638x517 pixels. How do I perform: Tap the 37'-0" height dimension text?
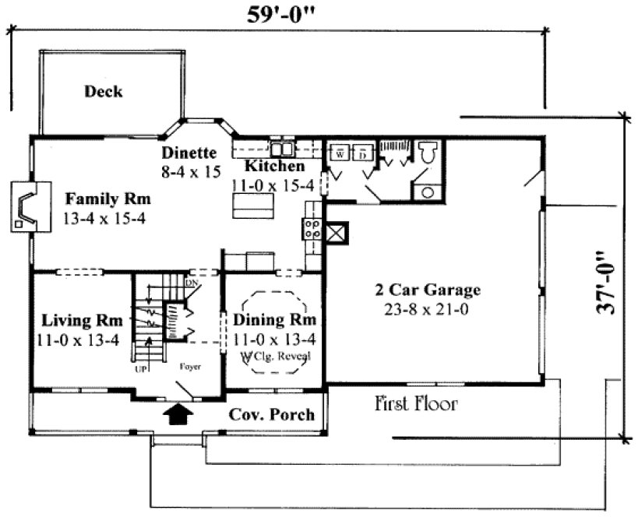608,283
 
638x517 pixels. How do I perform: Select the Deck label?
104,92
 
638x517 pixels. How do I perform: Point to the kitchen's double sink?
281,148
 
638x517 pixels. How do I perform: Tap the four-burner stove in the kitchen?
312,229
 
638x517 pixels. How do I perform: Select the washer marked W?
340,153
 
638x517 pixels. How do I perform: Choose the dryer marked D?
362,153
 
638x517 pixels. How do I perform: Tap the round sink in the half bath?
427,192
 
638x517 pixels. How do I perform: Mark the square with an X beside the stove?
337,233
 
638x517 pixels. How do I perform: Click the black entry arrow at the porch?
178,413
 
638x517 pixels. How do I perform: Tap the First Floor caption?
416,404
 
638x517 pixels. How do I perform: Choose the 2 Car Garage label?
428,290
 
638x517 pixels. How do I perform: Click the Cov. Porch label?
272,414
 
